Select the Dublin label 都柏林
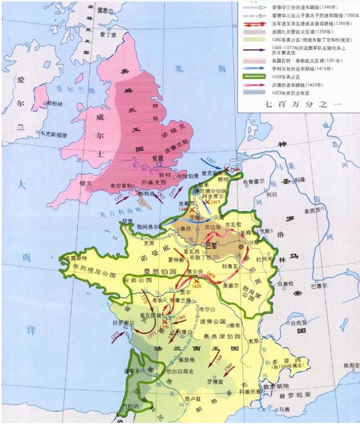(55, 103)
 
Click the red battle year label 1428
(197, 287)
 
